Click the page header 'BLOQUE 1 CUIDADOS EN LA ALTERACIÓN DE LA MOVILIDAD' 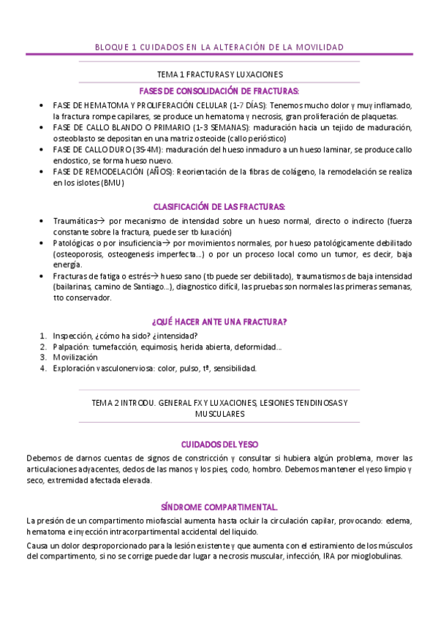tap(219, 48)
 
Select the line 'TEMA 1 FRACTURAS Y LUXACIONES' tap(220, 75)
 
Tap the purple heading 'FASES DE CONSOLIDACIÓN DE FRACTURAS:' tap(219, 91)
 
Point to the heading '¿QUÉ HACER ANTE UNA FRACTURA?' tap(219, 322)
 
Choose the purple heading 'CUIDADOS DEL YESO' tap(219, 444)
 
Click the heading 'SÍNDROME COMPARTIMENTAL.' tap(219, 506)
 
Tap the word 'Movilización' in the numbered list tap(75, 358)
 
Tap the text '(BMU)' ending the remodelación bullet tap(113, 183)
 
